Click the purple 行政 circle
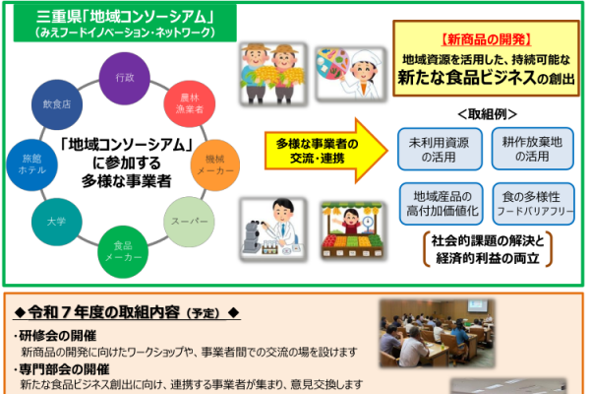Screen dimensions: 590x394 [125, 79]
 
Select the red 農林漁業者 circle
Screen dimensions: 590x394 [190, 103]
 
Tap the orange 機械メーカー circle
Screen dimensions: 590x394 [215, 165]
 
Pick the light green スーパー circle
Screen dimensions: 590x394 [189, 222]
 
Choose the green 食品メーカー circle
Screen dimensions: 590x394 [123, 252]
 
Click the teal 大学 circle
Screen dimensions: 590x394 [56, 222]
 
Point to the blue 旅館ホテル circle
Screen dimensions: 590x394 [32, 164]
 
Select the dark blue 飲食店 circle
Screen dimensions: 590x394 [57, 104]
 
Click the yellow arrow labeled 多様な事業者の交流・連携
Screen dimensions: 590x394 [325, 151]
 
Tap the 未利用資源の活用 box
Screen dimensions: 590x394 [440, 149]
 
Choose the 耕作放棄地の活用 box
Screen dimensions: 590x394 [532, 149]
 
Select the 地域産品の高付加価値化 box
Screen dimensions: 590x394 [442, 204]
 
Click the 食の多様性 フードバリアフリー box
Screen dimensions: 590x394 [534, 204]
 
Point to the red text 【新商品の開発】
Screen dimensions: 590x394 [486, 39]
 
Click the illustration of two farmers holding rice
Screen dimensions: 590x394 [273, 74]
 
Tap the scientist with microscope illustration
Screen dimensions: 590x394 [273, 229]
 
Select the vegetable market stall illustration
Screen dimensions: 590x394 [352, 230]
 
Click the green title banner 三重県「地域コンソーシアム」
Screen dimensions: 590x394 [125, 23]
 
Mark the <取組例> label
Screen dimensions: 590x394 [487, 114]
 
